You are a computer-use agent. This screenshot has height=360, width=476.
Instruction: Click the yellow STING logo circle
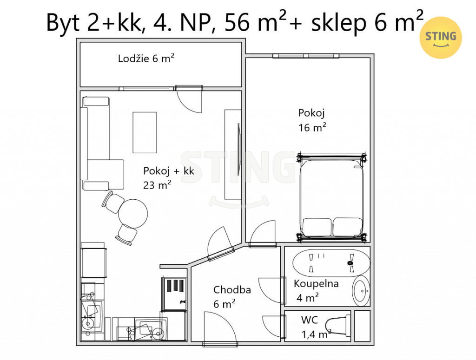point(441,37)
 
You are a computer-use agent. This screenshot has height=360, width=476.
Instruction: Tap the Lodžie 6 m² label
point(146,58)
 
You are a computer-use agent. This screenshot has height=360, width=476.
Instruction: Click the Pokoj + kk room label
point(168,171)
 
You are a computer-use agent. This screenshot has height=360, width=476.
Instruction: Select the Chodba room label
point(232,290)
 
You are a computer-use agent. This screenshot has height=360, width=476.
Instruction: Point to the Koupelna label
point(316,283)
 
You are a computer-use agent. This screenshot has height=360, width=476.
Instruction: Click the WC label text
point(309,320)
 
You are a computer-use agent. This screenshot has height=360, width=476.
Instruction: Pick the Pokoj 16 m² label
point(312,120)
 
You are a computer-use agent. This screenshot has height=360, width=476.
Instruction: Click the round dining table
point(133,214)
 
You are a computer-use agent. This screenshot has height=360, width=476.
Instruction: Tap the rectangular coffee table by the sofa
point(145,132)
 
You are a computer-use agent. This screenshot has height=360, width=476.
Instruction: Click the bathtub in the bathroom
point(331,263)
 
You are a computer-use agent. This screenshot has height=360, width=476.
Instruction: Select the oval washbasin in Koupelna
point(361,291)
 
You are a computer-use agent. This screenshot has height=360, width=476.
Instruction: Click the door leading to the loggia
point(189,99)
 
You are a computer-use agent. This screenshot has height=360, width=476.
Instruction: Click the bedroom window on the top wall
point(306,56)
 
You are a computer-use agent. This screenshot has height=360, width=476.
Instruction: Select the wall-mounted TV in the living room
point(238,149)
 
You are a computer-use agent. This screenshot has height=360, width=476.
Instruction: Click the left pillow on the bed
point(317,227)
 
